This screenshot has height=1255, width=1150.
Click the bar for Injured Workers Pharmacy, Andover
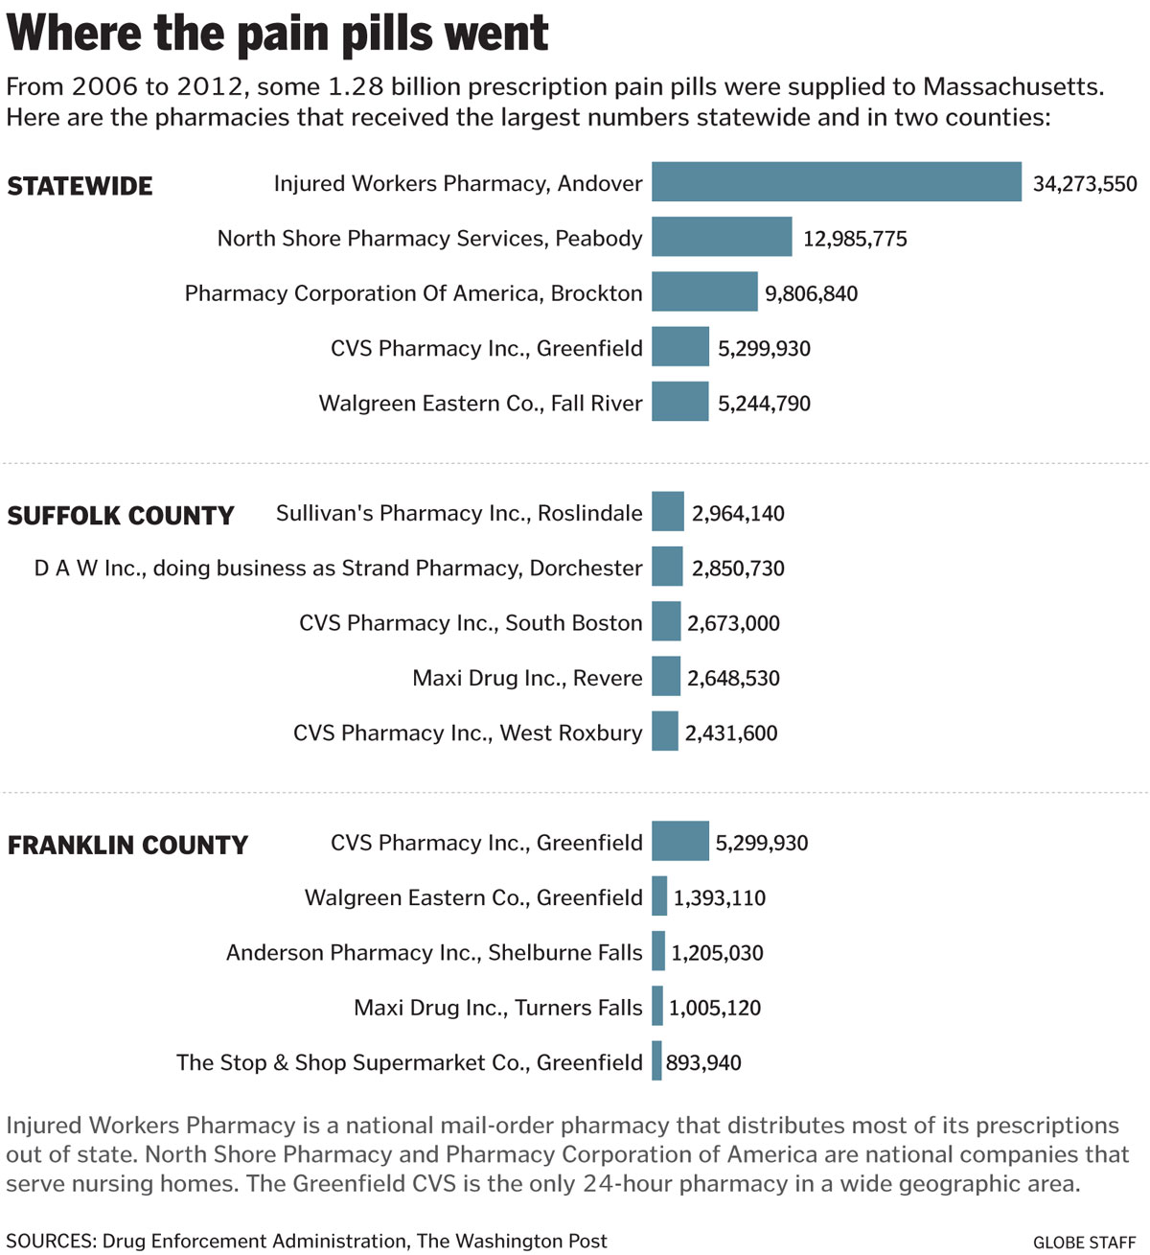coord(836,181)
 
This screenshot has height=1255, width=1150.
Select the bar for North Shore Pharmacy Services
coord(722,237)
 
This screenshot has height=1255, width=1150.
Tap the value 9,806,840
coord(811,293)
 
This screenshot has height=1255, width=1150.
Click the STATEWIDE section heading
coord(80,186)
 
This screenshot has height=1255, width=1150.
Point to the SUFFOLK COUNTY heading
coord(121,516)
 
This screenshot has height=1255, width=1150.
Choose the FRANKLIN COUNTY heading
coord(127,845)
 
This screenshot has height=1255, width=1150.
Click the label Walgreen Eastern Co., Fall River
coord(480,403)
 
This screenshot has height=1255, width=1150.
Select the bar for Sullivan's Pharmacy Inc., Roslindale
coord(668,511)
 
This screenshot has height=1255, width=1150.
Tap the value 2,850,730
coord(738,569)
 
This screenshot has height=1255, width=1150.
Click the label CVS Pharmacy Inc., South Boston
coord(471,622)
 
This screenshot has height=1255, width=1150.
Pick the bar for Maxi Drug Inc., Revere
coord(666,676)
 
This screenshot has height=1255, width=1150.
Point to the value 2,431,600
coord(731,732)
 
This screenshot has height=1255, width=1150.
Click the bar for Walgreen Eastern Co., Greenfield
coord(659,895)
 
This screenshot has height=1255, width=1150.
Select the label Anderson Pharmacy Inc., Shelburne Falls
coord(434,952)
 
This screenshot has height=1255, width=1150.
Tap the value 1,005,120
coord(715,1008)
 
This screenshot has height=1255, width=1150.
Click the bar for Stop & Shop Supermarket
coord(656,1060)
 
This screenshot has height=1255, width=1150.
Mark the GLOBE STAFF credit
coord(1084,1242)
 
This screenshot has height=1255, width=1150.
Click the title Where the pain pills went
coord(278,34)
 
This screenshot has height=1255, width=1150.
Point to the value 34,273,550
coord(1085,184)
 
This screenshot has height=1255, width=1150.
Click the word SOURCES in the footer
coord(50,1241)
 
